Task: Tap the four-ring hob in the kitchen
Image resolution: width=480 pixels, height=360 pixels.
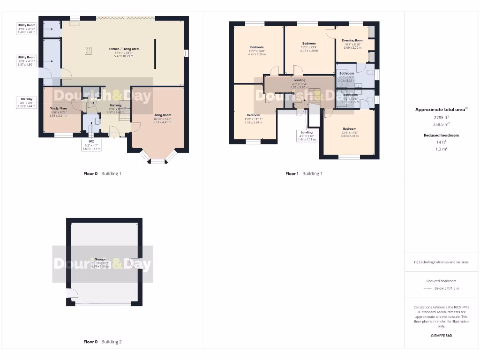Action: coord(88,52)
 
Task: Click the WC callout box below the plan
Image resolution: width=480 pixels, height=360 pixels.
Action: coord(91,144)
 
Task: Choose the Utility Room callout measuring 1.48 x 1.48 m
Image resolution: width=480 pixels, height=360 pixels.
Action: coord(26,29)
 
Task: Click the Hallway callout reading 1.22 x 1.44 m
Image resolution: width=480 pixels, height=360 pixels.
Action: coord(26,103)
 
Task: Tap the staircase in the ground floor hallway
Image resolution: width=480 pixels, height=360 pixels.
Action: coord(124,112)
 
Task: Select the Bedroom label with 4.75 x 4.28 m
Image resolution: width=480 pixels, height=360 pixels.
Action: coord(257,51)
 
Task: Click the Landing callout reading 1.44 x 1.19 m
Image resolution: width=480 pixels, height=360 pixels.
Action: coord(307,136)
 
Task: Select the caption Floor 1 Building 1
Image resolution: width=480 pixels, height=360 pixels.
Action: coord(304,173)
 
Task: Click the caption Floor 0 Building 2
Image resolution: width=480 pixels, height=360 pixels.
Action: coord(102,342)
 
